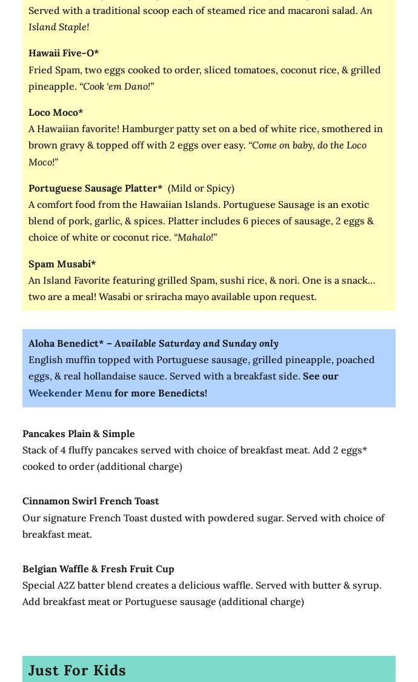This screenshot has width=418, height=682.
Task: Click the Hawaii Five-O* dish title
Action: point(64,53)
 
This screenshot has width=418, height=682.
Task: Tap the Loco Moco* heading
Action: point(56,112)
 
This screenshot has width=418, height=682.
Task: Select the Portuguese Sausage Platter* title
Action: point(95,188)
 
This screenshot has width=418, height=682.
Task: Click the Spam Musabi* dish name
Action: point(62,264)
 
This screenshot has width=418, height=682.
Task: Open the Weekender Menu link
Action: point(70,393)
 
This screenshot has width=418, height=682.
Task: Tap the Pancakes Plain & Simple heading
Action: point(79,433)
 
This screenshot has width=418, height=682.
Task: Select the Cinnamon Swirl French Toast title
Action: point(91,501)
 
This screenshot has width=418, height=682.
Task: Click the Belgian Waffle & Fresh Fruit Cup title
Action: point(98,569)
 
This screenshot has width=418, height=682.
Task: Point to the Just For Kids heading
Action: point(77,670)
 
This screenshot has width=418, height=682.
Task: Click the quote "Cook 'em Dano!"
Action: point(117,86)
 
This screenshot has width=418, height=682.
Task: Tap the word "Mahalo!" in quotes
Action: point(197,237)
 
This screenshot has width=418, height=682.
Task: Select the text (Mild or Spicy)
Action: point(201,188)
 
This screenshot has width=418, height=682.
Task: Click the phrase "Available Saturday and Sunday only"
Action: point(196,343)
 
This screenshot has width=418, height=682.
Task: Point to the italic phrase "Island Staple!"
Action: point(58,27)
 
